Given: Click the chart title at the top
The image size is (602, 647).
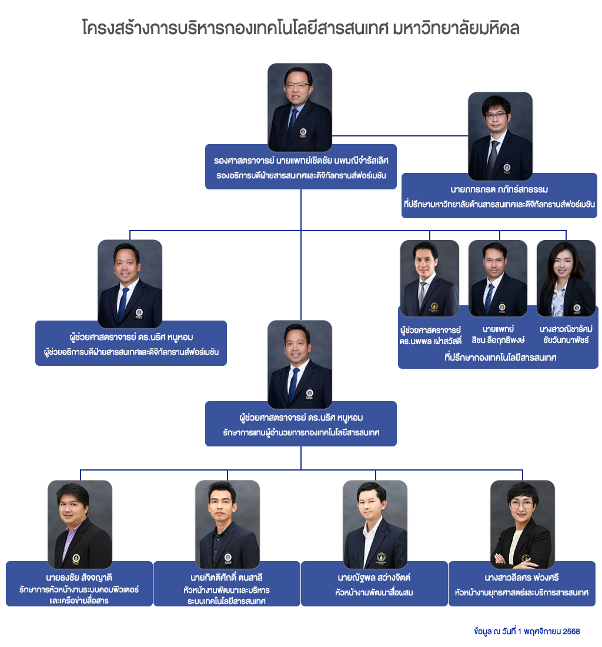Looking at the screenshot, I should pos(300,28).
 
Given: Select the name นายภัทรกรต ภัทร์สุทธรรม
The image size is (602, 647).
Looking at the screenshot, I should pos(499,190).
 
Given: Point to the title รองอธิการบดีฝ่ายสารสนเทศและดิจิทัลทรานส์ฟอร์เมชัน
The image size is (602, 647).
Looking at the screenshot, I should pos(300,175).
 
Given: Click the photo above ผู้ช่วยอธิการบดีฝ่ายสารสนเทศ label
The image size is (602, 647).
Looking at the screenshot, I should pos(130,282).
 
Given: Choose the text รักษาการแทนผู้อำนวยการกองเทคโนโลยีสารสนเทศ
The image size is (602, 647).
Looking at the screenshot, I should pos(300,432).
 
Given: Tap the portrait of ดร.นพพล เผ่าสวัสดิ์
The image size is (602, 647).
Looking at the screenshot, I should pos(430,278).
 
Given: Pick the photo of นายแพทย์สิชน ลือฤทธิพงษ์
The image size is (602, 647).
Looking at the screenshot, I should pos(498,278).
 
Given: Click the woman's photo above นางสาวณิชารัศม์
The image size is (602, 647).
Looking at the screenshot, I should pos(566,278).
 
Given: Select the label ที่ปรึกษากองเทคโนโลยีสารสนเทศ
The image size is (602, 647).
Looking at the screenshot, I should pos(500,357).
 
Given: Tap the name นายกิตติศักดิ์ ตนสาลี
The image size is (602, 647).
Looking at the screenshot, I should pos(226,576).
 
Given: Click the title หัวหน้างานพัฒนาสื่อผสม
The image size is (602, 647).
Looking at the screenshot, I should pos(374,592).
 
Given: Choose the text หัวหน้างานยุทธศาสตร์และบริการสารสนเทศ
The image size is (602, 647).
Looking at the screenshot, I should pos(522,592).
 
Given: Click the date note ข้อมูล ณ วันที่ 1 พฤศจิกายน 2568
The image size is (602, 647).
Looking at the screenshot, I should pos(527,631).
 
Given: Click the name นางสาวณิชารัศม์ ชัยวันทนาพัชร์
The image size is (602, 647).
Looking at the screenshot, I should pos(566,335).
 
